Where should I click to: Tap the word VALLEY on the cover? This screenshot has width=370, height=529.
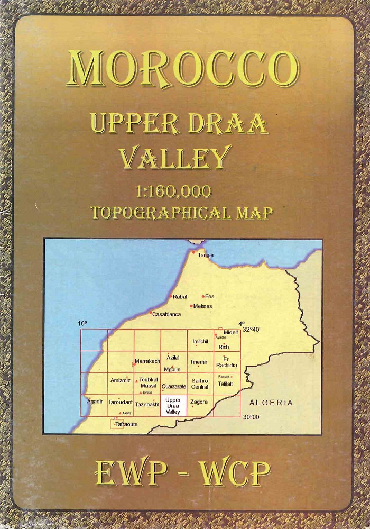click(x=175, y=157)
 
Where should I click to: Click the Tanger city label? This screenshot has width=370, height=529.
click(x=206, y=256)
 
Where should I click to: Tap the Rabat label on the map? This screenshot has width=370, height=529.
click(x=180, y=297)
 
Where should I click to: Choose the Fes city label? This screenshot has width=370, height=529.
click(x=210, y=296)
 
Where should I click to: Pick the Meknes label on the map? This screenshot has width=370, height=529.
click(x=203, y=306)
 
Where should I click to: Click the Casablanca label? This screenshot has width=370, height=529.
click(x=166, y=314)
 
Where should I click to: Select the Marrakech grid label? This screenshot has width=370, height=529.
click(x=147, y=361)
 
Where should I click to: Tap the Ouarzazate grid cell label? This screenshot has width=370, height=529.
click(x=174, y=387)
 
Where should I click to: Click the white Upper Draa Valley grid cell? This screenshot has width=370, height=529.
click(x=173, y=406)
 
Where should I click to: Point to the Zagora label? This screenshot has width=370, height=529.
click(x=199, y=402)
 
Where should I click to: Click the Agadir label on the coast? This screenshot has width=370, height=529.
click(x=95, y=402)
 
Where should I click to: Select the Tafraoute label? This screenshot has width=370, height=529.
click(x=126, y=424)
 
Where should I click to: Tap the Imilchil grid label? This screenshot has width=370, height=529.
click(x=201, y=341)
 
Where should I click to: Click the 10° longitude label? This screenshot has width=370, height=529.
click(x=82, y=323)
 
